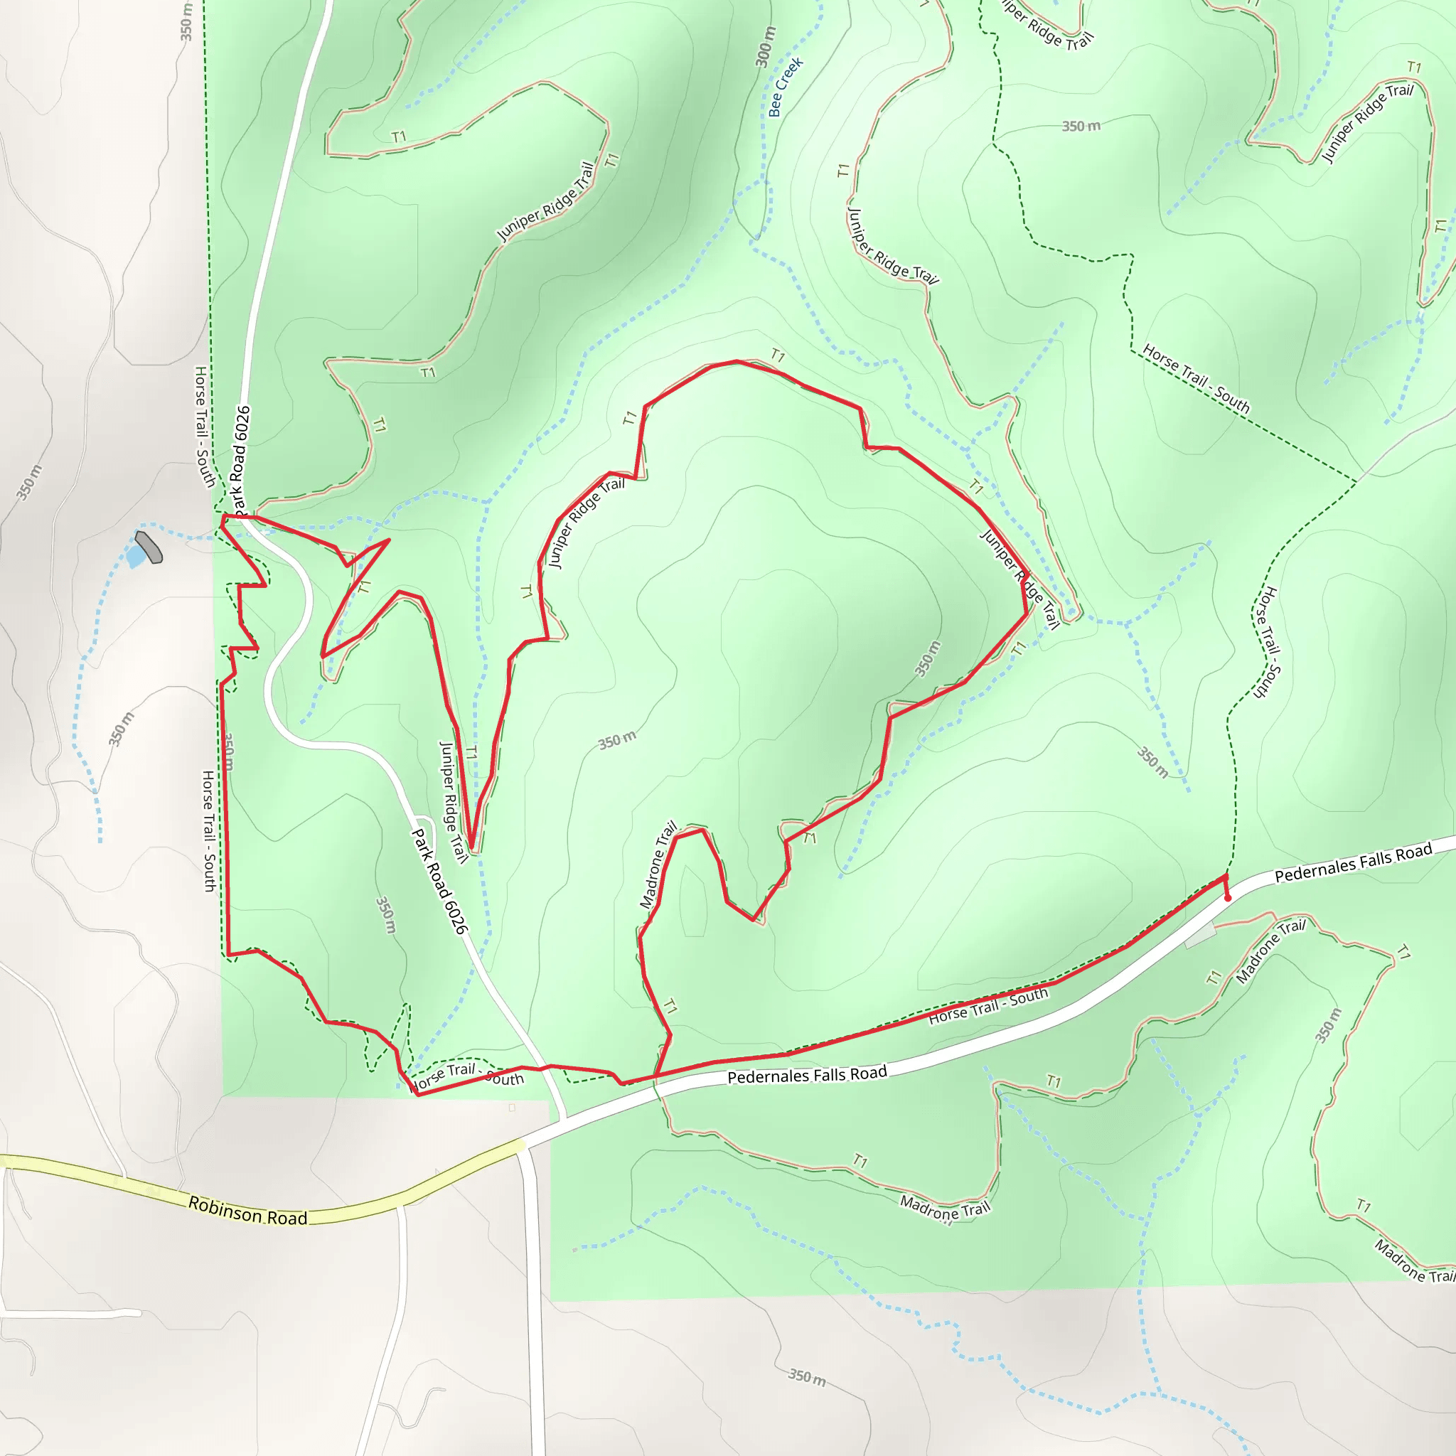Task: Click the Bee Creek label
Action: click(x=786, y=87)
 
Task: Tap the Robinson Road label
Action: click(x=247, y=1210)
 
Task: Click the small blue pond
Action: click(x=136, y=556)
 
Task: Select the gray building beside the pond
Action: click(x=149, y=547)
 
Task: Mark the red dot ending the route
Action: click(x=1228, y=898)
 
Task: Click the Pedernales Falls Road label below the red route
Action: click(x=806, y=1075)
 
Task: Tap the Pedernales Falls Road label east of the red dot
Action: click(x=1353, y=862)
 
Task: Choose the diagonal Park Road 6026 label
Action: click(x=439, y=880)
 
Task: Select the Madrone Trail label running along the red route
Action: click(x=657, y=864)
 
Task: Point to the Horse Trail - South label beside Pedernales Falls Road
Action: click(x=987, y=1006)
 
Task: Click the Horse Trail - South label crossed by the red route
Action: click(x=466, y=1076)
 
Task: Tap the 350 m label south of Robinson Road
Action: click(x=806, y=1377)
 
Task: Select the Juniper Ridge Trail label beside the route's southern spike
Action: click(x=453, y=801)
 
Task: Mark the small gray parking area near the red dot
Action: click(x=1200, y=936)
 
